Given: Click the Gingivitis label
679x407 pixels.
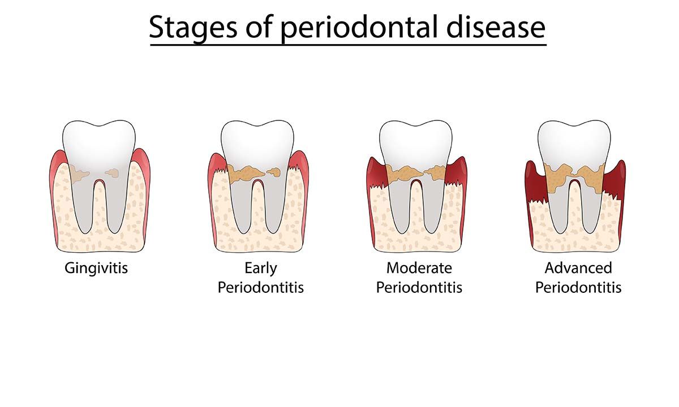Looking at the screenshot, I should (96, 267).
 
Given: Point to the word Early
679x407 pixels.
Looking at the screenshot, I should (261, 267).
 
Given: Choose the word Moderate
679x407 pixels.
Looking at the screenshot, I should (419, 267).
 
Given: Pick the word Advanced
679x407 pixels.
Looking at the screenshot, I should (578, 267).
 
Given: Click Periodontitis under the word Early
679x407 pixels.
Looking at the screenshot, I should (261, 287).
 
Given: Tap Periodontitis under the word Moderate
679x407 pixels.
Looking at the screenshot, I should (419, 287).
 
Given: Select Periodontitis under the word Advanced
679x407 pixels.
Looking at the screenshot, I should (578, 287).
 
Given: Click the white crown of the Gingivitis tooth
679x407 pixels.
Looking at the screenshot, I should (98, 141).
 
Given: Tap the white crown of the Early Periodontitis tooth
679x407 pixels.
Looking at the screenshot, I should (257, 141).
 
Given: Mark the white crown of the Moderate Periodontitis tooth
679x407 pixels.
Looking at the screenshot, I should (416, 141).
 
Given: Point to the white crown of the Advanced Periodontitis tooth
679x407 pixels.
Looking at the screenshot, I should (574, 141).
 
